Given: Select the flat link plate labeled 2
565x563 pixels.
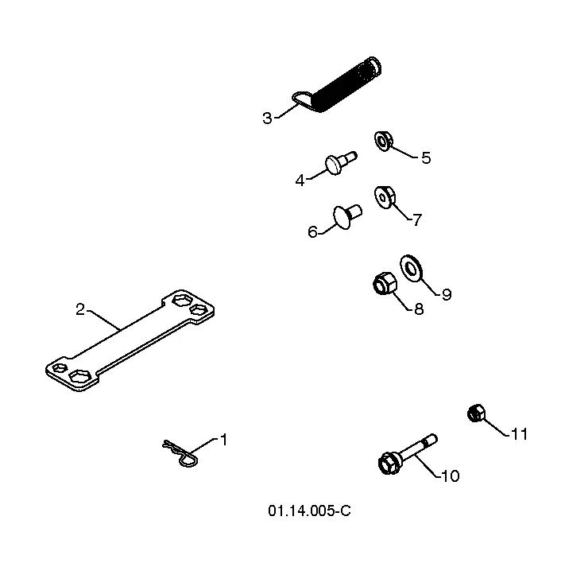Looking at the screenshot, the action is tap(130, 340).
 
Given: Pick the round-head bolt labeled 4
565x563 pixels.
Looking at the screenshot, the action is tap(340, 163).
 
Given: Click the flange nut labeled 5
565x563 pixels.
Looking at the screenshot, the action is tap(383, 141).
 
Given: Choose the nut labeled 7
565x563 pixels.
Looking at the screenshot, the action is tap(385, 197).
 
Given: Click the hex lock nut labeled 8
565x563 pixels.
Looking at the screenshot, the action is tap(385, 283).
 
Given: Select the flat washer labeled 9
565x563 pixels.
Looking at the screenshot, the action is tap(411, 269).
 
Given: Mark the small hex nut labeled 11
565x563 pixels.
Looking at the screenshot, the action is tap(476, 413).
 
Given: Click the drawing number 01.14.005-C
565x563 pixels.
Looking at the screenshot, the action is tap(309, 511).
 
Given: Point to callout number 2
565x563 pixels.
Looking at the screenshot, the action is tap(80, 309).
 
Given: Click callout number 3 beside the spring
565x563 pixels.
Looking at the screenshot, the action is tap(267, 118).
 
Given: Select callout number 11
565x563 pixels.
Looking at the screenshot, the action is tap(519, 434).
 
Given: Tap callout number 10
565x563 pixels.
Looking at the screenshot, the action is tap(450, 476).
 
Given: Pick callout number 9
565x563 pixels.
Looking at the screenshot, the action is tap(447, 295).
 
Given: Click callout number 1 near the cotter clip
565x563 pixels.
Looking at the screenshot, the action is tap(224, 440).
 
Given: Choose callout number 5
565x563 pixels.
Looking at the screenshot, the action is tap(426, 158).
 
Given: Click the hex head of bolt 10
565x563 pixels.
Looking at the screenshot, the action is tap(388, 464).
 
